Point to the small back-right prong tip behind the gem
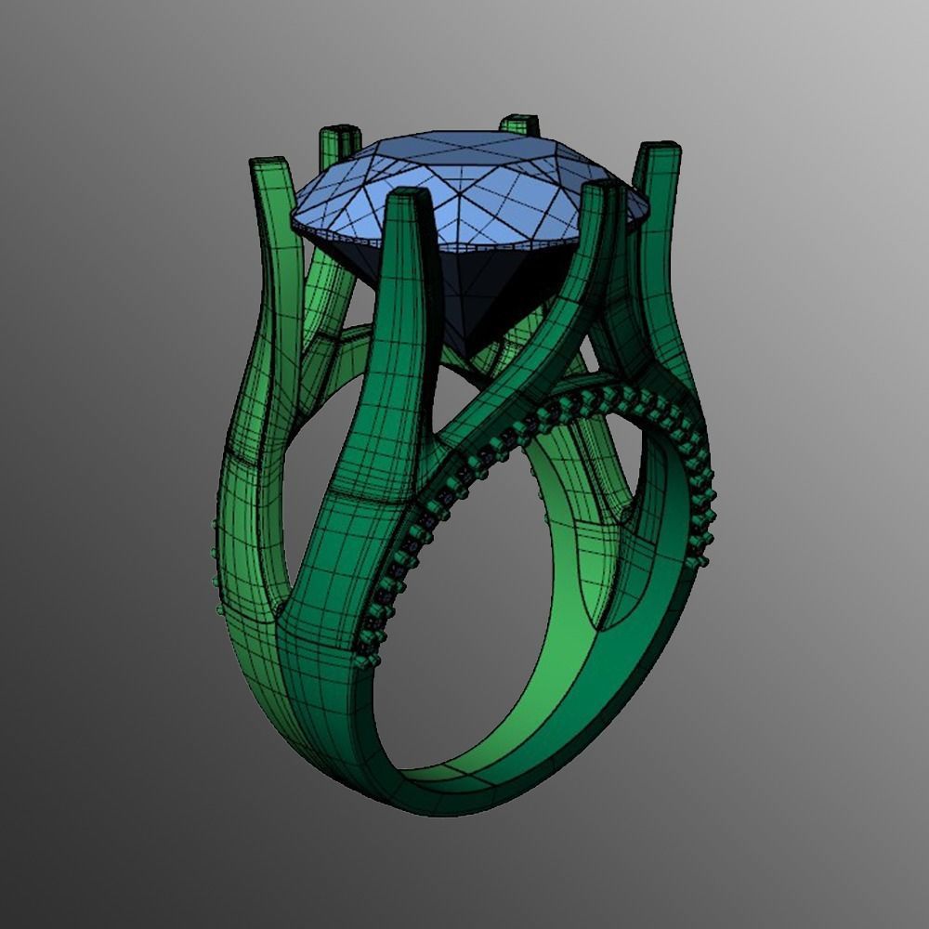(x=518, y=122)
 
